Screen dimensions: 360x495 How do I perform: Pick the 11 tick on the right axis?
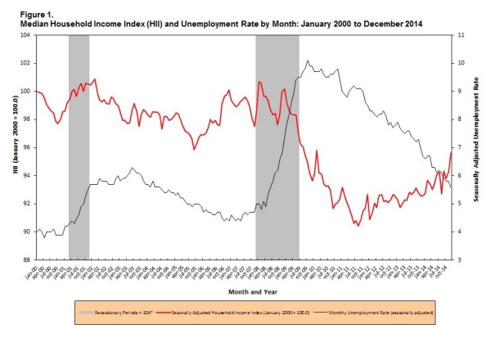(x=459, y=35)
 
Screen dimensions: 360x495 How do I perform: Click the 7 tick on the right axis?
(x=458, y=147)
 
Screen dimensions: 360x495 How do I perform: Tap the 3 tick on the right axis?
(x=458, y=260)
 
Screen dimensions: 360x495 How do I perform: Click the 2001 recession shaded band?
(x=79, y=147)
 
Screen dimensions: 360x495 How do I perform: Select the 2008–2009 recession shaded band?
(x=277, y=147)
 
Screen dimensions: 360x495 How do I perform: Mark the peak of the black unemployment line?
(x=308, y=61)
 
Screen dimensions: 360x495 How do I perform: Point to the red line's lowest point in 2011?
(x=358, y=226)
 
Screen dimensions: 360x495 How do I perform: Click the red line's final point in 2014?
(x=451, y=153)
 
